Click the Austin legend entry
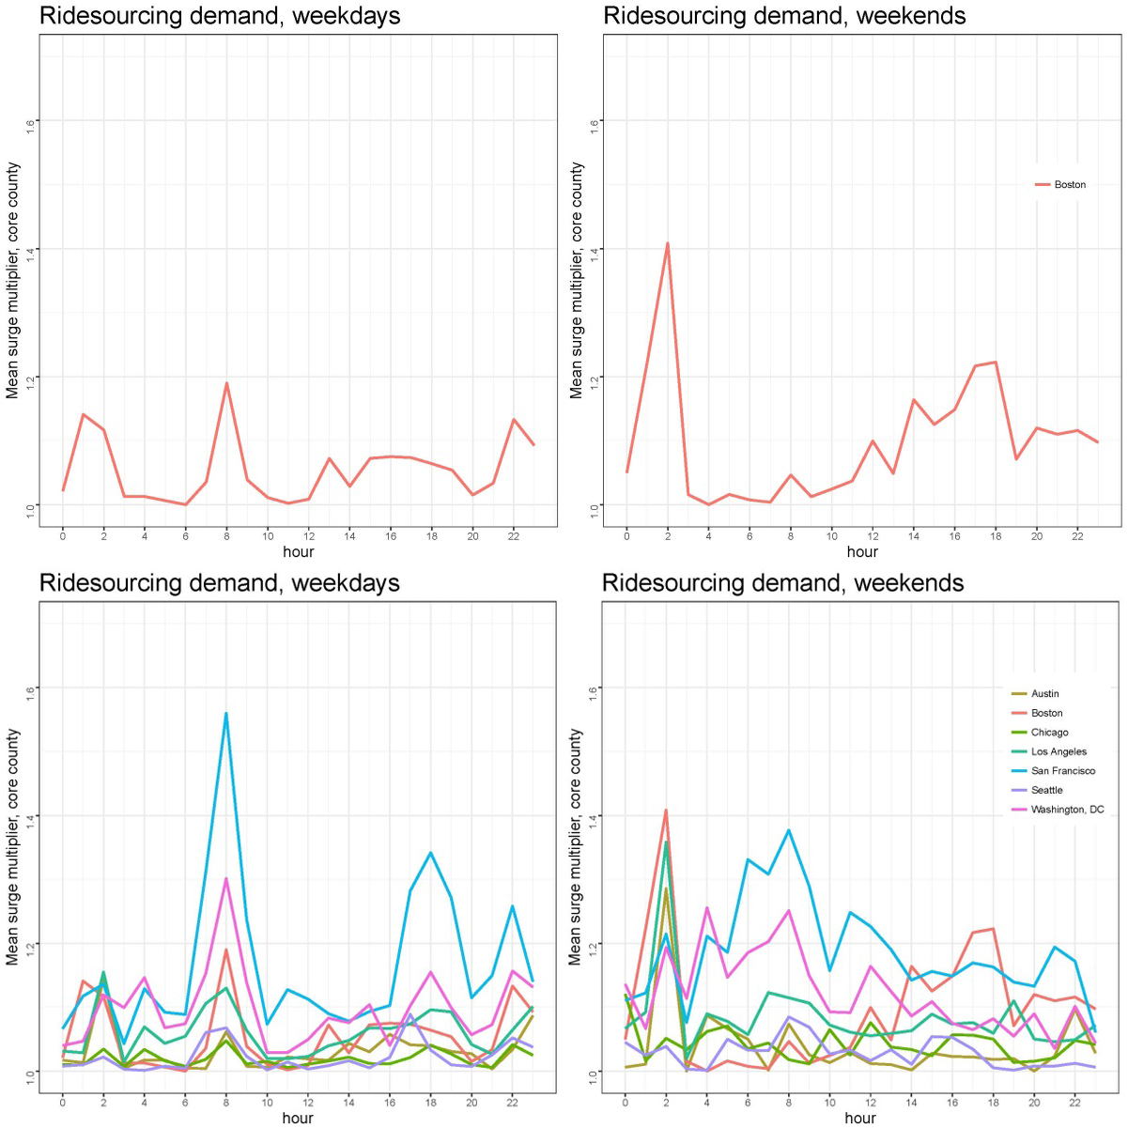pos(1044,694)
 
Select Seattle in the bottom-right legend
pos(1046,791)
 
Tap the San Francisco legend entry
pos(1062,771)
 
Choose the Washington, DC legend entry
pos(1067,810)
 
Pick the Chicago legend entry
pos(1049,733)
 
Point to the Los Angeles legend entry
pos(1058,752)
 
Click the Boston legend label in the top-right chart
pos(1069,185)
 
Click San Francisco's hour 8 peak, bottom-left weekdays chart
pos(226,714)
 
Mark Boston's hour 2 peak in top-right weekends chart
pos(668,243)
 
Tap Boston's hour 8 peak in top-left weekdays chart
pos(226,383)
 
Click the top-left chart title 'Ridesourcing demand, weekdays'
pos(220,16)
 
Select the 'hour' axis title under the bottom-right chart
pos(860,1118)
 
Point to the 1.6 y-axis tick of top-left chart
pos(31,122)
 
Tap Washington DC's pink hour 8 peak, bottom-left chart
pos(226,879)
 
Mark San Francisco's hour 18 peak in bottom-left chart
pos(431,853)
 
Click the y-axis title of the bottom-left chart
pos(12,845)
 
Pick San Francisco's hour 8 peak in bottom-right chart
pos(789,830)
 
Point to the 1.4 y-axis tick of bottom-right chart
pos(594,816)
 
